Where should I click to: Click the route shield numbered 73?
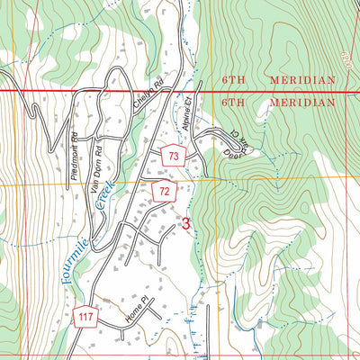[x=173, y=157]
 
